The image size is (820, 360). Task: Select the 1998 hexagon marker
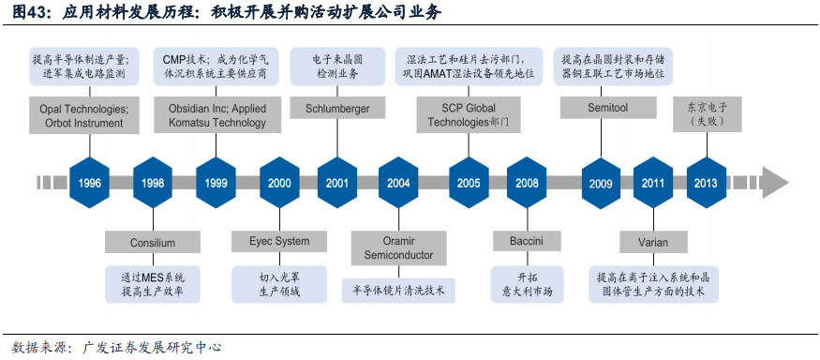tap(154, 183)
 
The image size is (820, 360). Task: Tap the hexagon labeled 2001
tap(337, 183)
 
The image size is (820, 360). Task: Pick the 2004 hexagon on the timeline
tap(399, 183)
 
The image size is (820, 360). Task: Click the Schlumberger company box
tap(337, 109)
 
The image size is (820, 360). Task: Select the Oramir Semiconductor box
tap(399, 247)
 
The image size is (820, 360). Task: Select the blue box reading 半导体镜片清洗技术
tap(399, 291)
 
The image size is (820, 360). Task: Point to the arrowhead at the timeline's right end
tap(775, 182)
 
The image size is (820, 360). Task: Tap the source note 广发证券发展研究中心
tap(152, 348)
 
